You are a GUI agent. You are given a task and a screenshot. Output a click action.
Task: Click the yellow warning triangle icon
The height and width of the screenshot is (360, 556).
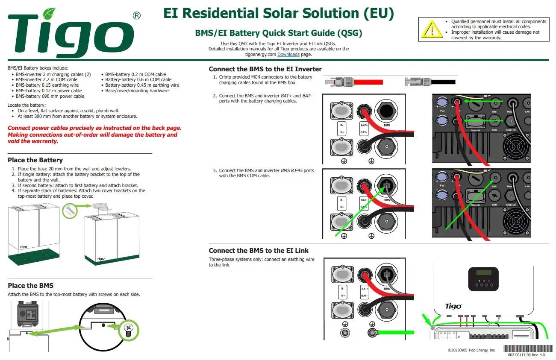pyautogui.click(x=432, y=29)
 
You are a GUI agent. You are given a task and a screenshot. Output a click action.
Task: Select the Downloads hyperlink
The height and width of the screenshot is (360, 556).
pyautogui.click(x=288, y=55)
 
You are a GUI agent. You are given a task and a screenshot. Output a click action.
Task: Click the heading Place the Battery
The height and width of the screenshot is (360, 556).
pyautogui.click(x=35, y=160)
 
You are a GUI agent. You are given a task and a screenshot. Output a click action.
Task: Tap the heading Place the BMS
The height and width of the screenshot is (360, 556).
pyautogui.click(x=30, y=286)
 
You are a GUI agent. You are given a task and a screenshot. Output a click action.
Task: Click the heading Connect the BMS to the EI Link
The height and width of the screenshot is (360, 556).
pyautogui.click(x=259, y=251)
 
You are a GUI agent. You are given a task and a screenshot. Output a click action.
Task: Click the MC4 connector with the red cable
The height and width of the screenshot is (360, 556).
pyautogui.click(x=353, y=82)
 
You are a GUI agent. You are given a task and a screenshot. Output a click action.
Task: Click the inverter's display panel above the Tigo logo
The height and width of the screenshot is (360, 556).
pyautogui.click(x=483, y=278)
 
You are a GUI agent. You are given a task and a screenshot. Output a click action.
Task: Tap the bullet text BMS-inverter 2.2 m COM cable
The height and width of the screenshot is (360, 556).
pyautogui.click(x=47, y=79)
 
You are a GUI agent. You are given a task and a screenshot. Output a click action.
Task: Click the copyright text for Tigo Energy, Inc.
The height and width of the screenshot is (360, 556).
pyautogui.click(x=471, y=350)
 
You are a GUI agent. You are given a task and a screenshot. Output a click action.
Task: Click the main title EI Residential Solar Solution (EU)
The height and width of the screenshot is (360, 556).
pyautogui.click(x=278, y=13)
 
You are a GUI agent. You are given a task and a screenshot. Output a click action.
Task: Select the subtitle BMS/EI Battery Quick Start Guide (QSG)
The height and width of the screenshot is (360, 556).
pyautogui.click(x=278, y=33)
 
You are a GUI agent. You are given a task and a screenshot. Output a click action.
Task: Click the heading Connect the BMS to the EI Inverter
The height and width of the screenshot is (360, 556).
pyautogui.click(x=265, y=69)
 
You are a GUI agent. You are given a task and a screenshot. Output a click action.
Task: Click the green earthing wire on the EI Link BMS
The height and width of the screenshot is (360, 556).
pyautogui.click(x=395, y=332)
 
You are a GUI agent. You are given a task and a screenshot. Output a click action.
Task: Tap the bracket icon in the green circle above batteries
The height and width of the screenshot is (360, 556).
pyautogui.click(x=70, y=211)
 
